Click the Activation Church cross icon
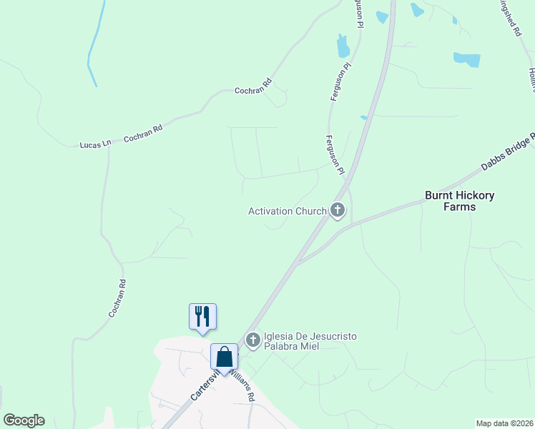(x=338, y=211)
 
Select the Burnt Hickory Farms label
(x=460, y=201)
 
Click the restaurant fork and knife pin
(x=202, y=316)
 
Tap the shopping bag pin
(x=225, y=356)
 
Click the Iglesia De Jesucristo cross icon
(x=252, y=340)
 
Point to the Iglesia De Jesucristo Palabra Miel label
(x=310, y=341)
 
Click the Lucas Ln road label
(x=96, y=144)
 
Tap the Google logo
(x=24, y=420)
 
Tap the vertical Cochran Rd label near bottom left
(x=117, y=298)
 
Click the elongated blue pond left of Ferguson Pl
(x=343, y=46)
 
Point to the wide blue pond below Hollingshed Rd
(x=466, y=59)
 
